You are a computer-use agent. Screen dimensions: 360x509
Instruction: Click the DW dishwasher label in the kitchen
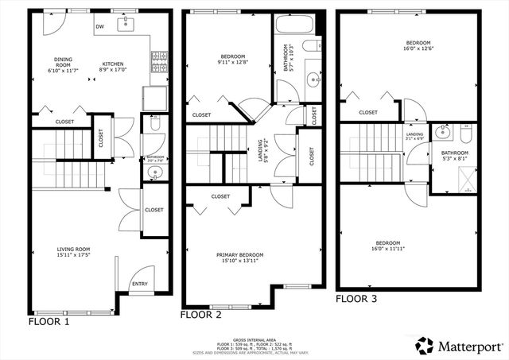(x=99, y=26)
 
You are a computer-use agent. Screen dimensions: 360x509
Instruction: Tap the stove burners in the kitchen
(x=158, y=58)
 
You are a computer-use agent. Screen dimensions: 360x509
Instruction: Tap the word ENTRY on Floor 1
(x=139, y=284)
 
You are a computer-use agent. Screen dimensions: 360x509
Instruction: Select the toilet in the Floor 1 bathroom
(x=155, y=125)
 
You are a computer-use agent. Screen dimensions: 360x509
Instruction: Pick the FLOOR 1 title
(x=49, y=323)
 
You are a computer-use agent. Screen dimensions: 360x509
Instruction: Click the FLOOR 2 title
(x=200, y=315)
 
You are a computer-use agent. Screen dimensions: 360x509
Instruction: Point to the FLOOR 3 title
(x=356, y=299)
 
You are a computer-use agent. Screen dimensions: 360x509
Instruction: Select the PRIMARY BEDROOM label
(x=239, y=255)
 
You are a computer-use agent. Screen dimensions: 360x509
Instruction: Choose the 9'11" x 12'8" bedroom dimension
(x=232, y=63)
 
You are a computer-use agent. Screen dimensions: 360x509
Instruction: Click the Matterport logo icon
(x=425, y=345)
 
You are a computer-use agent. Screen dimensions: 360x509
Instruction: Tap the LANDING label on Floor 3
(x=415, y=134)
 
